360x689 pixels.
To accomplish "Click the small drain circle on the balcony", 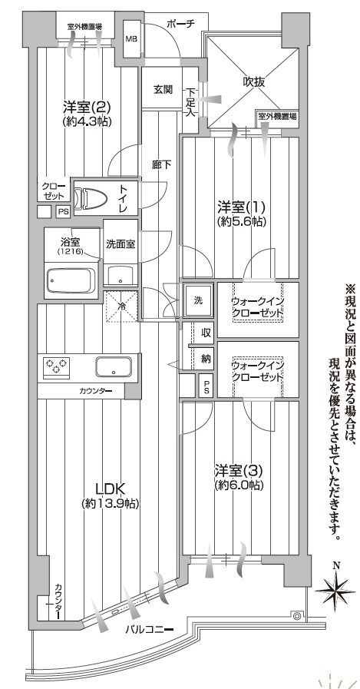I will [296, 614].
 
